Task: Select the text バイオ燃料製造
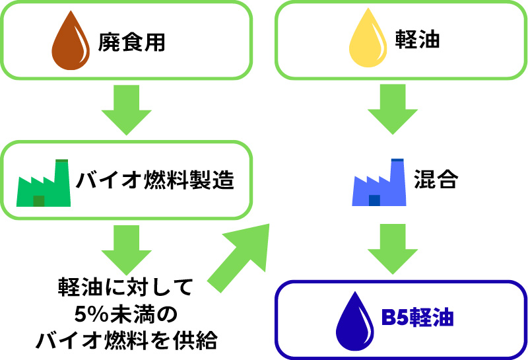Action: coord(155,180)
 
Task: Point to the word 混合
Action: coord(436,180)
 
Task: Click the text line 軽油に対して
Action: coord(125,287)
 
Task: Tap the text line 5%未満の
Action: coord(125,314)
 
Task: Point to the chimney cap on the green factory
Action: coord(62,161)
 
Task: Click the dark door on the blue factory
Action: coord(375,201)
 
